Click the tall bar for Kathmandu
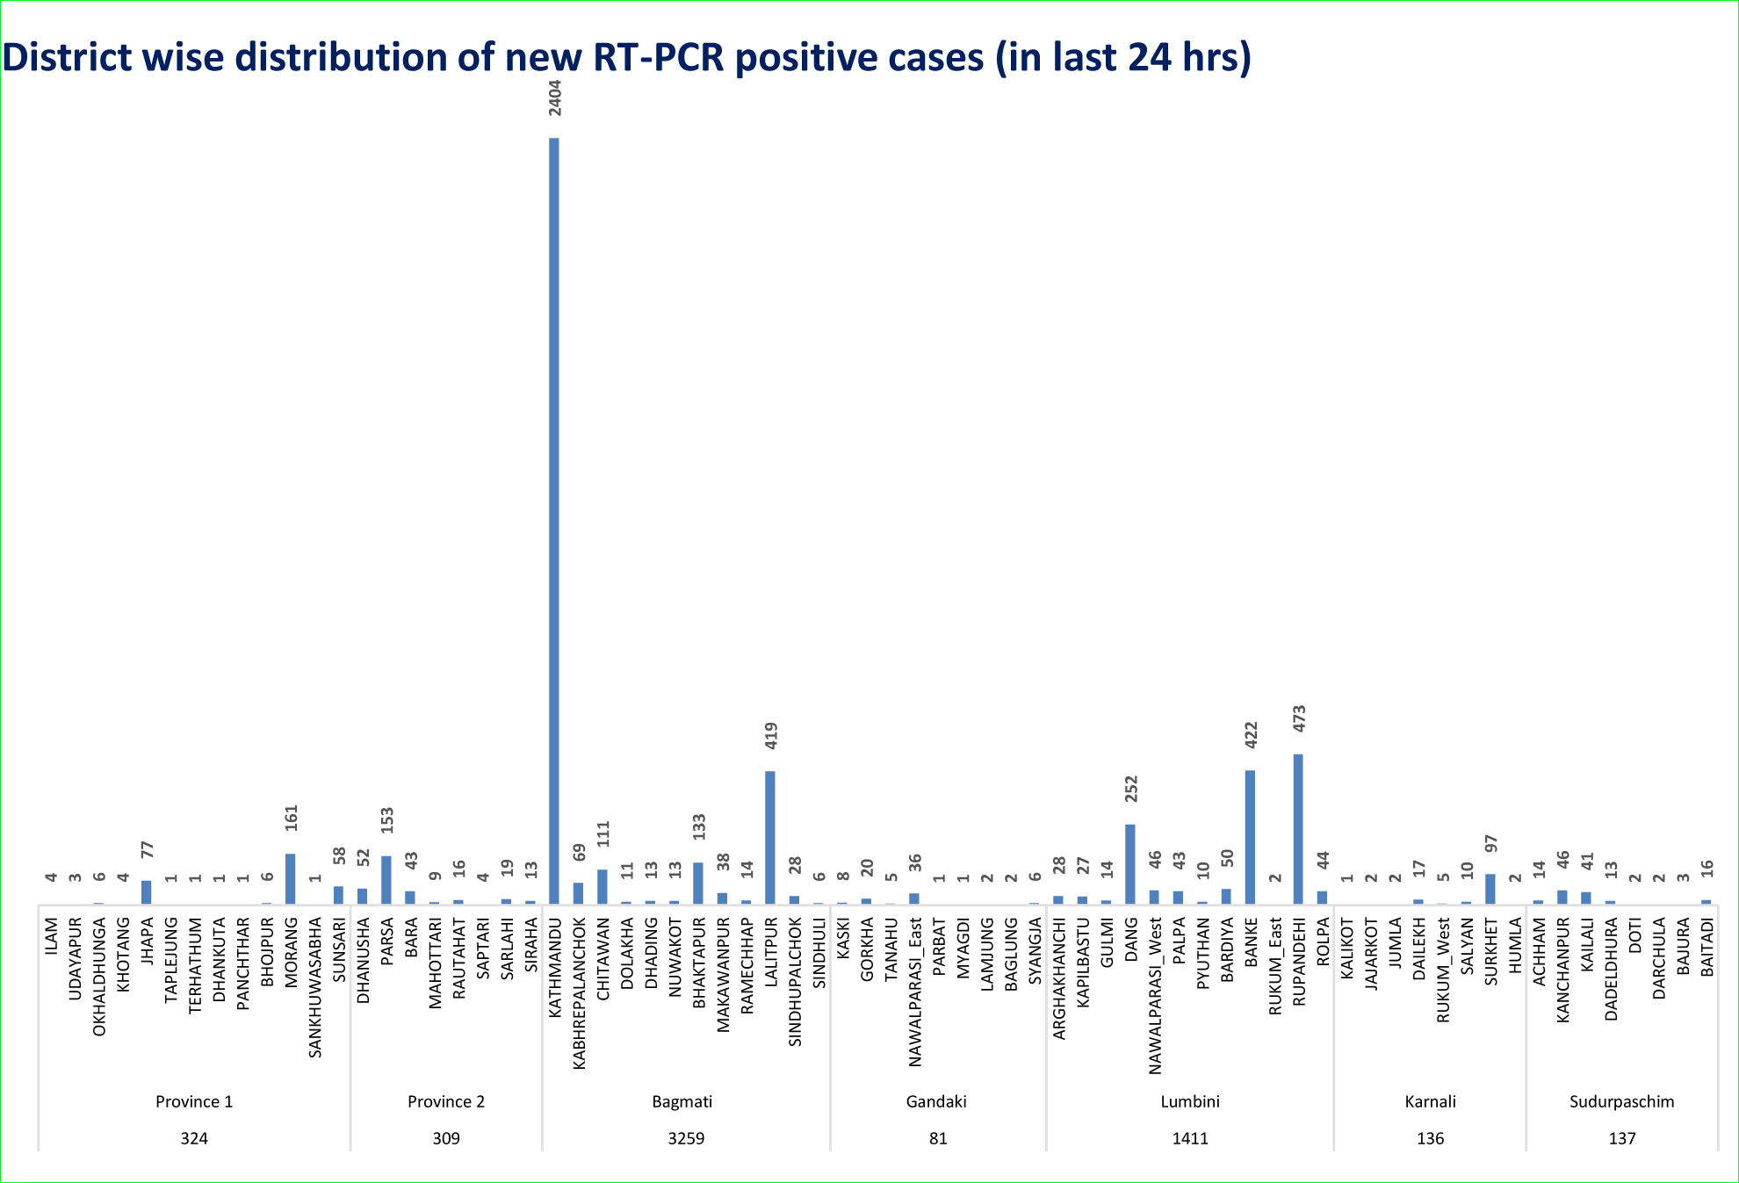[x=554, y=518]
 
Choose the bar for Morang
[x=291, y=878]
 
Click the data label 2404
[x=554, y=97]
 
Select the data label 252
[x=1131, y=788]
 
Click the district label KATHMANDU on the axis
[x=554, y=968]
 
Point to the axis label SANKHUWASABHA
[x=314, y=988]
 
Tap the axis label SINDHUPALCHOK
[x=795, y=983]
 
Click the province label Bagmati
[x=682, y=1101]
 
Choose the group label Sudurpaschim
[x=1621, y=1101]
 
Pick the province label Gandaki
[x=936, y=1101]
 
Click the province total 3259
[x=686, y=1138]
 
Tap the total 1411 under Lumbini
[x=1190, y=1138]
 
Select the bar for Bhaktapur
[x=698, y=883]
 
